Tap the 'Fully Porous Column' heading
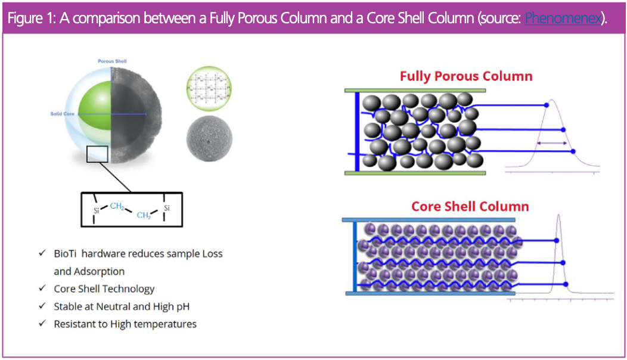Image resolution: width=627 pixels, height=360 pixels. click(466, 76)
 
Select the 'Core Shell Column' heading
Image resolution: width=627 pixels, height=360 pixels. click(470, 207)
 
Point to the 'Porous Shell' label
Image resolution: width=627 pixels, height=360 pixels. click(112, 61)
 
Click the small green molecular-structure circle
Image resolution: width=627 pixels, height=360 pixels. click(209, 89)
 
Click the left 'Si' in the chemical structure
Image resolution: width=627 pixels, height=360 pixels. click(97, 210)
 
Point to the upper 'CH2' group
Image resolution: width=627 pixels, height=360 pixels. click(117, 206)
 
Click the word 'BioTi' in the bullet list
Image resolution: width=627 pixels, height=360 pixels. click(65, 253)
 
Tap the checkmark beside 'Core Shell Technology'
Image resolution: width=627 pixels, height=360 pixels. click(42, 288)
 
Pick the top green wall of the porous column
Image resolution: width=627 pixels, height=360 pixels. click(415, 91)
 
